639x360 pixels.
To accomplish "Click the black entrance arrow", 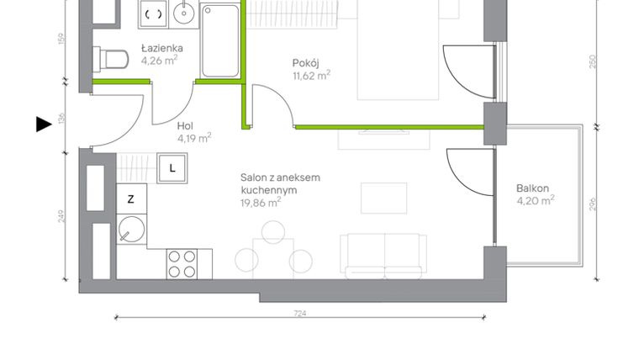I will tap(45, 124).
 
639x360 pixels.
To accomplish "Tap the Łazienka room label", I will tap(162, 49).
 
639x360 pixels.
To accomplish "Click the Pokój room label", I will tap(305, 63).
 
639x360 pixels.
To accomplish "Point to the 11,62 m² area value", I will tap(311, 75).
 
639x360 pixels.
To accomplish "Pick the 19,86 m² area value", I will tap(261, 202).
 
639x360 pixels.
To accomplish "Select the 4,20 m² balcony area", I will tap(536, 200).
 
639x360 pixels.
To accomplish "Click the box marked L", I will tap(172, 167).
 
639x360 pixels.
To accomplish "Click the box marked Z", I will tap(130, 199).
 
